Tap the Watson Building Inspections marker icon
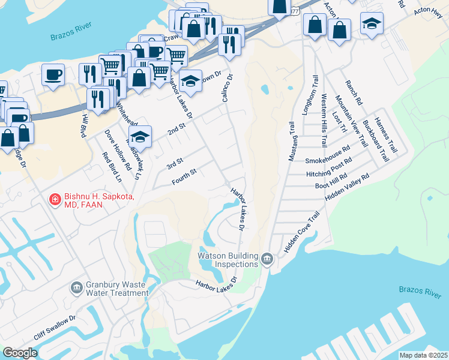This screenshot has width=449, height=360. pyautogui.click(x=267, y=259)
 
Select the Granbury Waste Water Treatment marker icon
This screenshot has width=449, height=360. pyautogui.click(x=76, y=288)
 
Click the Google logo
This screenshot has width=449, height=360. pyautogui.click(x=20, y=353)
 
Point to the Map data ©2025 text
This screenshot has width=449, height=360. pyautogui.click(x=423, y=355)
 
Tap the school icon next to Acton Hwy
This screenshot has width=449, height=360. pyautogui.click(x=372, y=24)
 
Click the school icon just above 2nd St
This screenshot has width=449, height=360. pyautogui.click(x=140, y=137)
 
